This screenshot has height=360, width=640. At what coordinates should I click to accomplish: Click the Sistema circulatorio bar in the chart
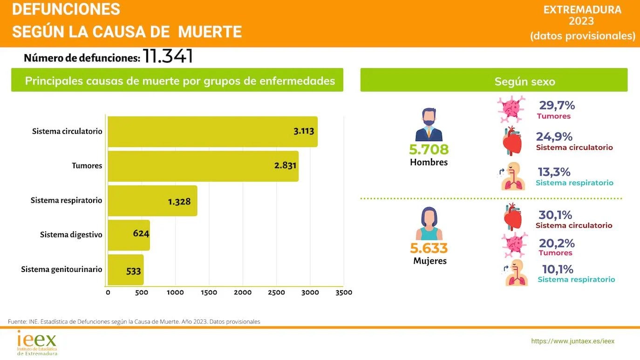(x=212, y=132)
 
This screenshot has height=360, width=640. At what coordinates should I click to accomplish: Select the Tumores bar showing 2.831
(x=203, y=166)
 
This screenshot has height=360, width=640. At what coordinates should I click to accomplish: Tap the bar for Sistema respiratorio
(x=152, y=201)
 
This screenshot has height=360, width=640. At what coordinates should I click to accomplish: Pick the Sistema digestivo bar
(x=129, y=235)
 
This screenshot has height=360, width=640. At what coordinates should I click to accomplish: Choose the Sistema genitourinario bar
(x=126, y=270)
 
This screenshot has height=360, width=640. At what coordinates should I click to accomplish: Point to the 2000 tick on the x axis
(x=242, y=292)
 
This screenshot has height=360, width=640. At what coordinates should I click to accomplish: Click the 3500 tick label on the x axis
(x=343, y=292)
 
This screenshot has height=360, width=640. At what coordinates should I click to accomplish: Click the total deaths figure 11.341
(x=168, y=56)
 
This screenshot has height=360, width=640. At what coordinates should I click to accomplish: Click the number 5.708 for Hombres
(x=429, y=149)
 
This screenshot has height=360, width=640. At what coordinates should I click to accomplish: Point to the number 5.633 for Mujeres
(x=429, y=248)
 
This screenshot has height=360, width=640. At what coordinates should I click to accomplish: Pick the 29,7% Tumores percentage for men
(x=557, y=106)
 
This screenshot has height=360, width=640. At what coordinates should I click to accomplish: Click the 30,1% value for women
(x=555, y=215)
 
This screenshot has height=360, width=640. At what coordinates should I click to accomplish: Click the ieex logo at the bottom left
(x=37, y=343)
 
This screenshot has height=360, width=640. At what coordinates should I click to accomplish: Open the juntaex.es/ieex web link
(x=572, y=341)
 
